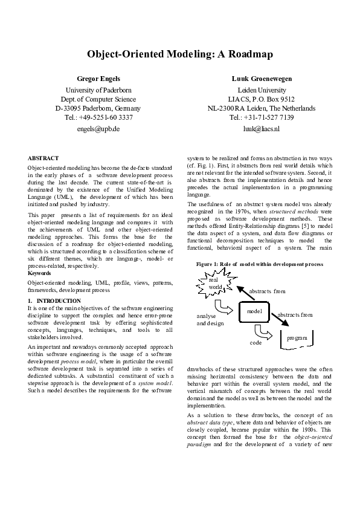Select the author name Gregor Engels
(99, 79)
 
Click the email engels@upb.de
(99, 129)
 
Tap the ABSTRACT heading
(43, 158)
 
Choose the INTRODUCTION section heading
(58, 300)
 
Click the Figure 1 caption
(260, 264)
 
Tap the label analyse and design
(210, 320)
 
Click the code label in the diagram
(255, 342)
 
